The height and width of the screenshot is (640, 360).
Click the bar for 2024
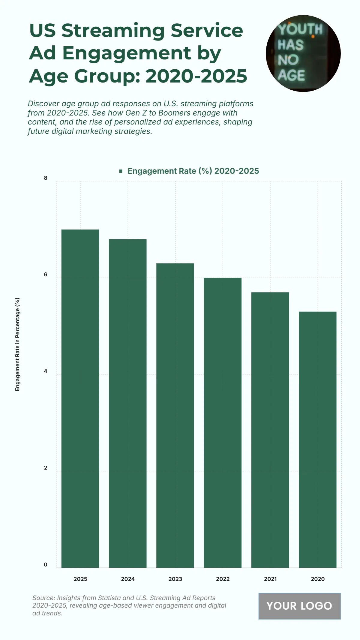pos(127,403)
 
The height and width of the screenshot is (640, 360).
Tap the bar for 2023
pos(175,415)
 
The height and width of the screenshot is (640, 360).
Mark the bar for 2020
pos(317,440)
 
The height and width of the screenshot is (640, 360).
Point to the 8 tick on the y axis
pos(46,178)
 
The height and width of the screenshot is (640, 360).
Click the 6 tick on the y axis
pos(46,275)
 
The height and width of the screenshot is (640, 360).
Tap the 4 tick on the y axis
pos(46,371)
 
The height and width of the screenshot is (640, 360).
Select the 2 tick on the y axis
pos(46,468)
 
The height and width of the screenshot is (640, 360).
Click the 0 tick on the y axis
pos(46,564)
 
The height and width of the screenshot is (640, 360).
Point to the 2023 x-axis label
pos(175,579)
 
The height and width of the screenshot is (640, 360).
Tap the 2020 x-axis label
pos(317,579)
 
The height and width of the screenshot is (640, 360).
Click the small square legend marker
pos(121,171)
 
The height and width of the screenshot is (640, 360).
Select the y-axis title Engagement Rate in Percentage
pos(17,344)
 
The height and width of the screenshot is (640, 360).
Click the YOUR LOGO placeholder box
pos(299,606)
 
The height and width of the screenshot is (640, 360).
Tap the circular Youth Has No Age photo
pos(303,53)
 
